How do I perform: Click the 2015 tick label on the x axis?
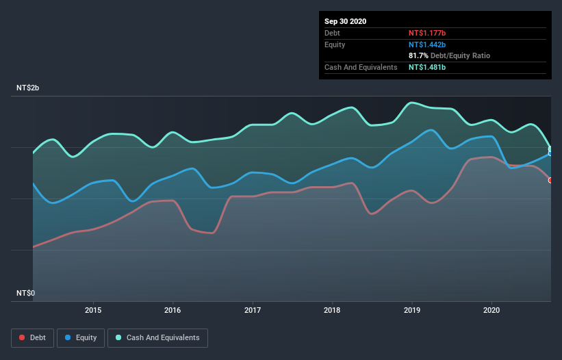pos(93,310)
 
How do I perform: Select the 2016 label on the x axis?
pos(173,310)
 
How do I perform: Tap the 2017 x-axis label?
pos(253,310)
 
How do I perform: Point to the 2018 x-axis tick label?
pos(333,310)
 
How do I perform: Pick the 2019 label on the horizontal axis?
pos(412,310)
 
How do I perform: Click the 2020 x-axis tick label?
pos(491,310)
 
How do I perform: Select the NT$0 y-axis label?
pos(25,293)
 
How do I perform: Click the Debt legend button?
pos(32,337)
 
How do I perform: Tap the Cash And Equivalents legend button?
pos(157,337)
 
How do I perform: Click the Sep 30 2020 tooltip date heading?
pos(346,21)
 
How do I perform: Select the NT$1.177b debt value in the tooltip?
pos(427,33)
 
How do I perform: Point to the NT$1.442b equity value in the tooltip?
pos(427,44)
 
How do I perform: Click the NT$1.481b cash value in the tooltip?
pos(427,67)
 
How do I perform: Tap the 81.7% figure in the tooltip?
pos(418,55)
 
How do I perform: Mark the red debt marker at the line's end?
pos(550,180)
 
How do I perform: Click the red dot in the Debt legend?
pos(23,337)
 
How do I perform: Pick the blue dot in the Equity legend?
pos(68,337)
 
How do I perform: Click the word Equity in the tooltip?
pos(335,44)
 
